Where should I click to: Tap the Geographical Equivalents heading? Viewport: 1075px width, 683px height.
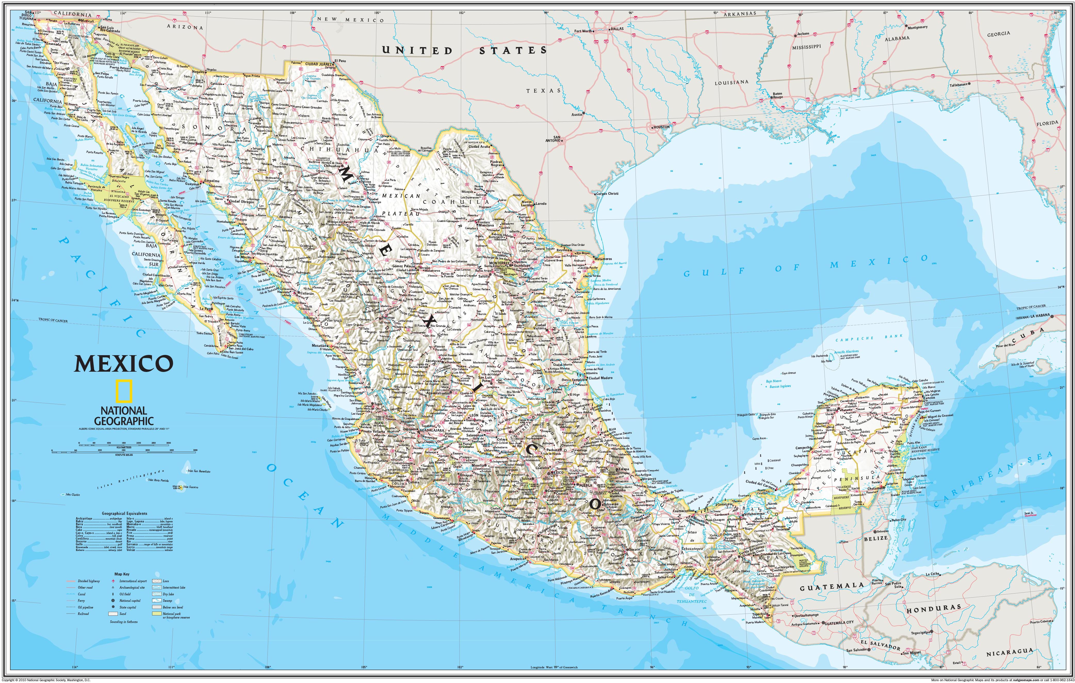125,514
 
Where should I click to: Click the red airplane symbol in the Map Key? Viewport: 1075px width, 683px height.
114,581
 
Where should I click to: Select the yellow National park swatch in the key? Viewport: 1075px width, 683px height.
157,614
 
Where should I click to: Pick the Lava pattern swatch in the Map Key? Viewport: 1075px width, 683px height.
157,581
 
